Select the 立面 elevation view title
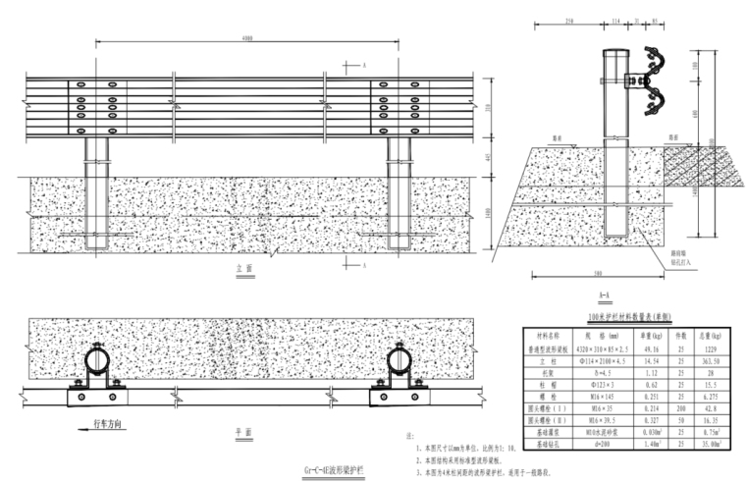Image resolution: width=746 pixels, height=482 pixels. [x=244, y=267]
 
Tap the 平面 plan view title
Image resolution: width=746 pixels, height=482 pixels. [x=244, y=431]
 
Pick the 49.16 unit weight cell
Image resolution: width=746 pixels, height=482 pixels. [x=649, y=348]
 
